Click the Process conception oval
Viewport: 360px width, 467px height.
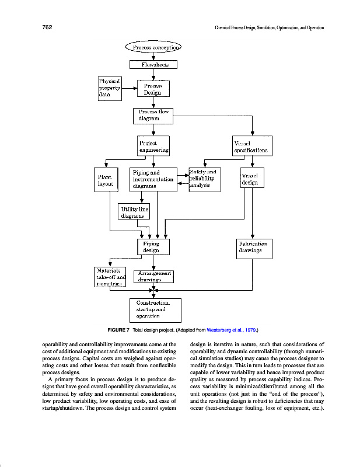[x=153, y=47]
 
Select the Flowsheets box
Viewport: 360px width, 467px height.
[x=153, y=65]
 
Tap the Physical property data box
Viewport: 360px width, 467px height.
[x=109, y=87]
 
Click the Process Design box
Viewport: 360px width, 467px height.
[x=153, y=88]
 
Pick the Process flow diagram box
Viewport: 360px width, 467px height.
[x=153, y=115]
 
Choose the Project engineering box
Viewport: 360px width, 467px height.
[x=153, y=146]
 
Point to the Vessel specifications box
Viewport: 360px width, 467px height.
[x=251, y=146]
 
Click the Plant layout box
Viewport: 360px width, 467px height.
[x=106, y=179]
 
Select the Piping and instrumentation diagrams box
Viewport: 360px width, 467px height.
[x=153, y=179]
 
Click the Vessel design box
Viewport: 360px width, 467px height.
[x=251, y=179]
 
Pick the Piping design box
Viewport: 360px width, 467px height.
[x=153, y=246]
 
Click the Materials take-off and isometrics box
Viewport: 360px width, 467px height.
[x=110, y=277]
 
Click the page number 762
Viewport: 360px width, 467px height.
[x=48, y=27]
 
